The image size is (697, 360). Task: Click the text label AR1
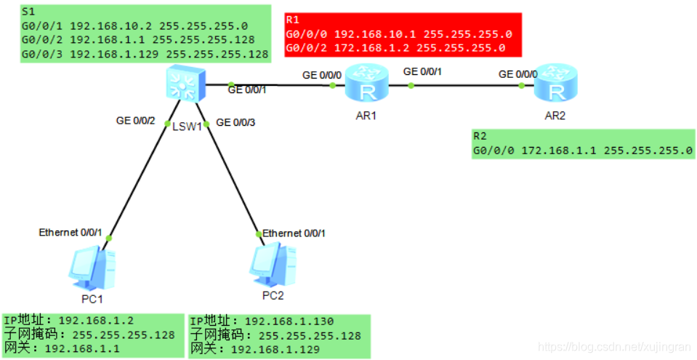(367, 116)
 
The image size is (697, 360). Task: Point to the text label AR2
(555, 116)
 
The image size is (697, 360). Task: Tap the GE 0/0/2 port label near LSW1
(136, 121)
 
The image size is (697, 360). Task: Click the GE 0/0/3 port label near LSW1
(235, 122)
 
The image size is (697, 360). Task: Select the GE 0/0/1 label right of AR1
(422, 71)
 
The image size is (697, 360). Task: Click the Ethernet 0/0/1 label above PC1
(70, 233)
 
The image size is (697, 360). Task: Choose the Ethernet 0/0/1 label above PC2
(294, 233)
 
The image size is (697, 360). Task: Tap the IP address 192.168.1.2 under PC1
(89, 321)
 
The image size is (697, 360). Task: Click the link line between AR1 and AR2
(465, 85)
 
